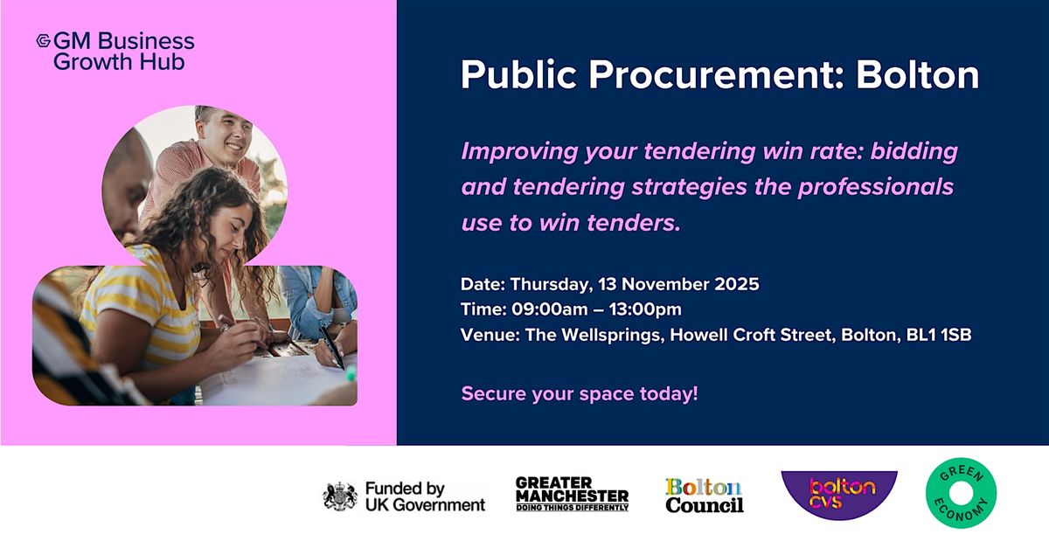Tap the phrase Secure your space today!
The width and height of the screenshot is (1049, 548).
[580, 393]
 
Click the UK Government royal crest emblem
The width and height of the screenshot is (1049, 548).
[340, 496]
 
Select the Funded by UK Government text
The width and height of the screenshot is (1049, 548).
[425, 496]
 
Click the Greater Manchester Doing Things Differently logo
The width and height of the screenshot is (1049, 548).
[572, 495]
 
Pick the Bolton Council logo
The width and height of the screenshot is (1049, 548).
[704, 496]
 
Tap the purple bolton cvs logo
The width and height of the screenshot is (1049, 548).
[838, 494]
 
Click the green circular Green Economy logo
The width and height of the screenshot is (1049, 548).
[961, 494]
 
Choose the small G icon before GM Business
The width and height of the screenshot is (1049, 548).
[43, 41]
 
